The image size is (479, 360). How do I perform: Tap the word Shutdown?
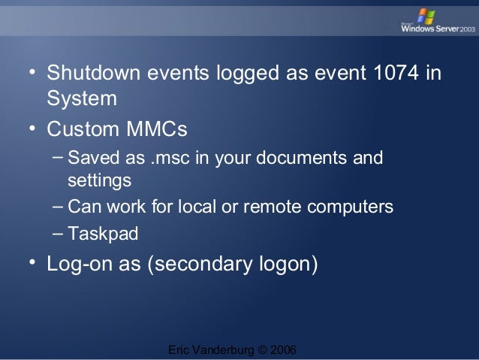94,76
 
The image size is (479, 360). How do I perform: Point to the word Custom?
80,130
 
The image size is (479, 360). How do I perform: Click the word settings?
99,181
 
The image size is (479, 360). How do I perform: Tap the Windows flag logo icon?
426,15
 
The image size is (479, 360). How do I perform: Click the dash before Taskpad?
59,232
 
